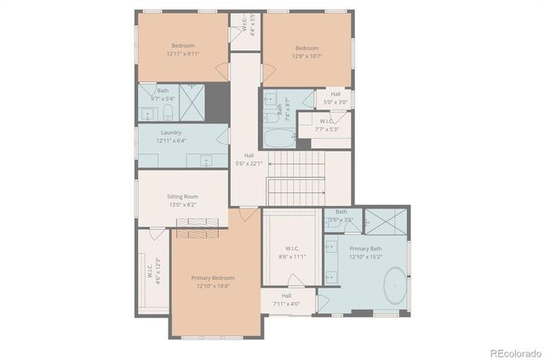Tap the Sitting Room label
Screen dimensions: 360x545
click(182, 197)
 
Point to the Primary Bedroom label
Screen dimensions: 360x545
click(213, 277)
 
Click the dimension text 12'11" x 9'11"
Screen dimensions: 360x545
click(183, 54)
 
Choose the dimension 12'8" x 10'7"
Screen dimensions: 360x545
click(307, 57)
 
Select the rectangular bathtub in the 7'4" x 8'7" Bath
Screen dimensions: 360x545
click(279, 138)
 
